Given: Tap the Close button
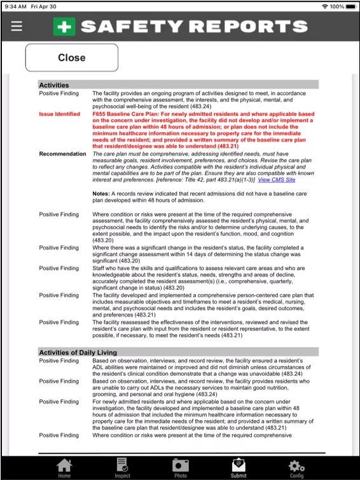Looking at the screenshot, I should pos(71,58).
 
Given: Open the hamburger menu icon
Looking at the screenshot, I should pos(17,26).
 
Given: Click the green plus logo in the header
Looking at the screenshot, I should pos(64,26).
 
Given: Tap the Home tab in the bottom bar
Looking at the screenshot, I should pos(64,467).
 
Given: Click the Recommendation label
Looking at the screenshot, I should pos(62,153).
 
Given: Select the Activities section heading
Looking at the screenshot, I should pos(54,85).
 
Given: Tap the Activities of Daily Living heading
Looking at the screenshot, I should pos(78,352).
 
